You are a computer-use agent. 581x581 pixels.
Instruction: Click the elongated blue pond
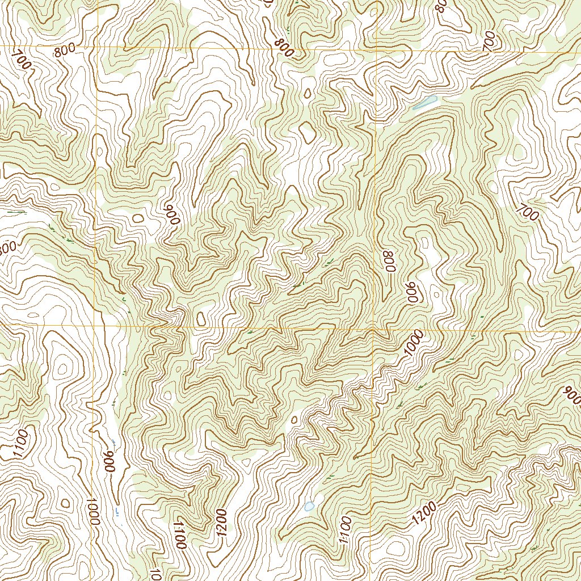(x=424, y=103)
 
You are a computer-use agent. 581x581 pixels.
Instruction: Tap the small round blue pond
(x=309, y=506)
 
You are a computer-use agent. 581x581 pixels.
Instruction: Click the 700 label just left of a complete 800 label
(x=21, y=60)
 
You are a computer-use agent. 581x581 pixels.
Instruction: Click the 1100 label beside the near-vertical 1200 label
(x=180, y=534)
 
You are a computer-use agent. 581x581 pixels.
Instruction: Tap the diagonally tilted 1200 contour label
(x=424, y=513)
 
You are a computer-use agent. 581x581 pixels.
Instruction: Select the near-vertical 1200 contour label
(x=222, y=523)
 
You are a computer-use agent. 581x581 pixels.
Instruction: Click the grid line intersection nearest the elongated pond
(x=377, y=48)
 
